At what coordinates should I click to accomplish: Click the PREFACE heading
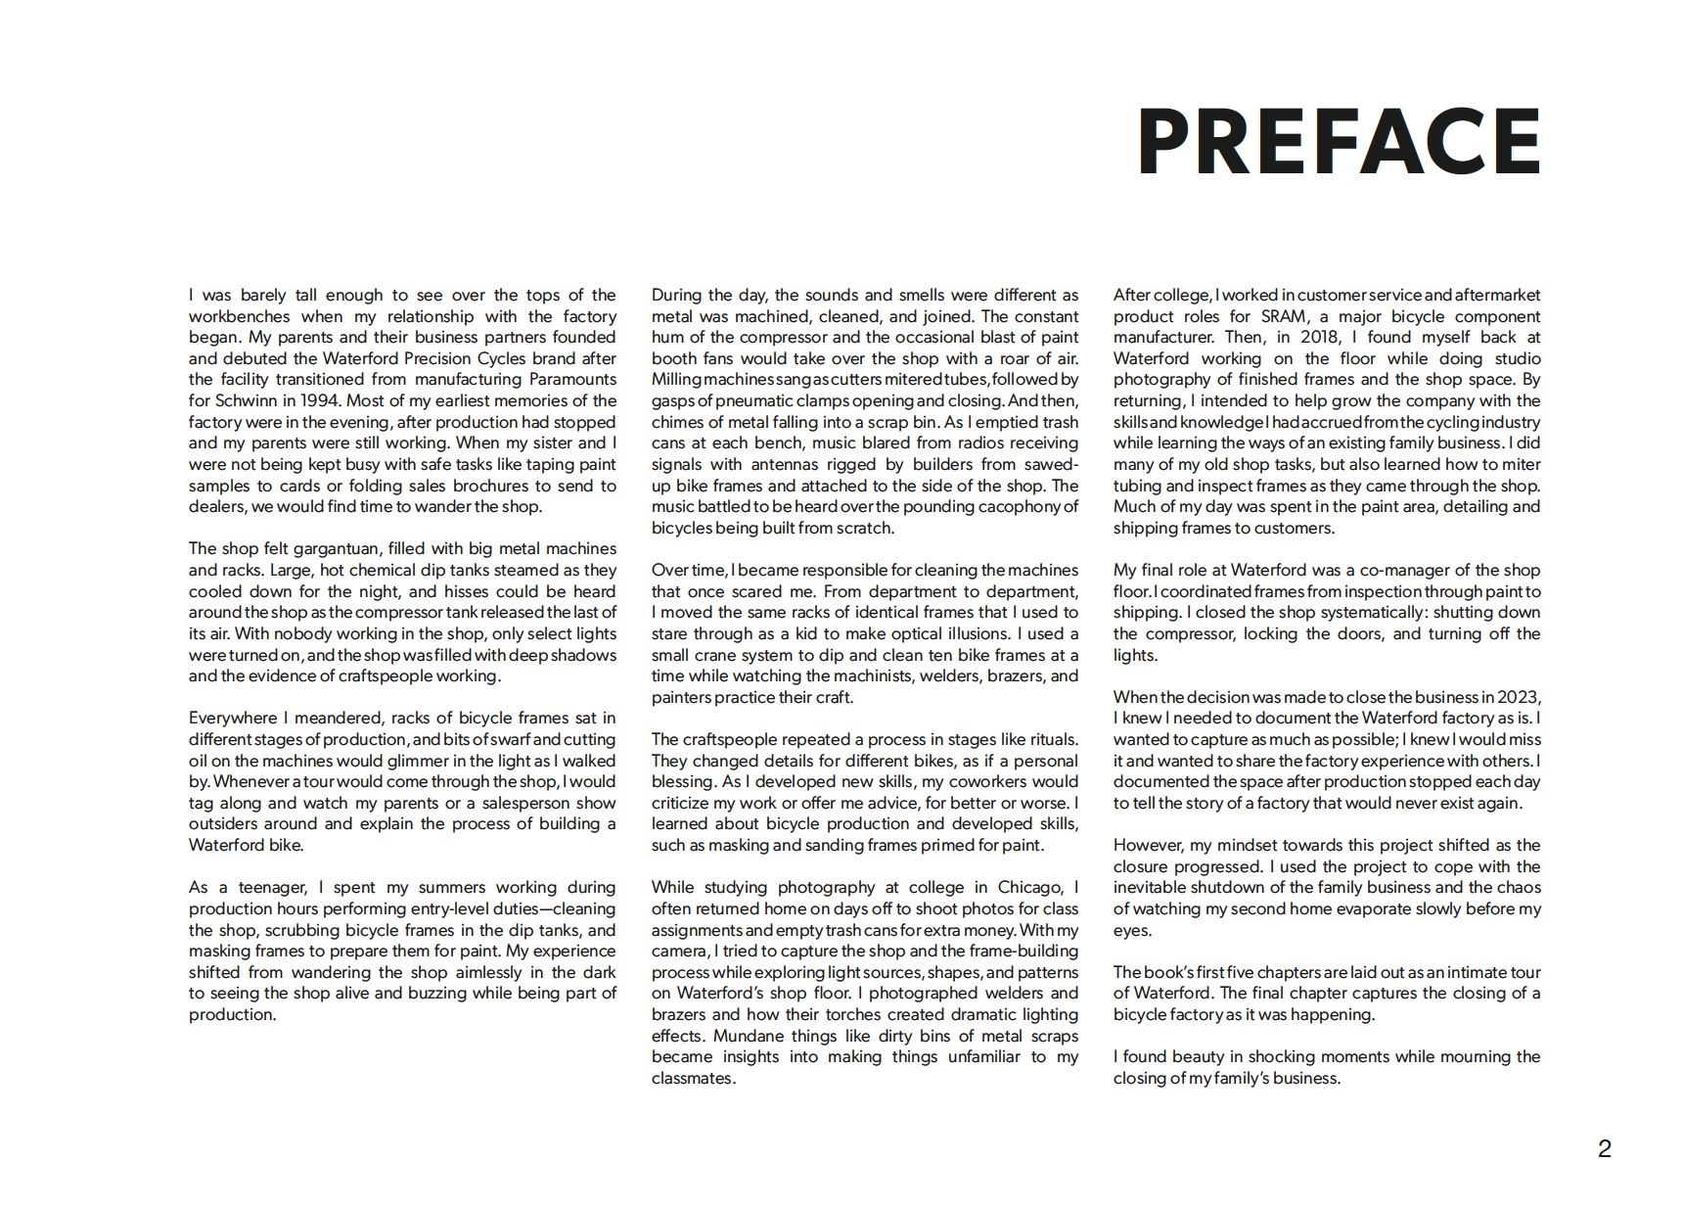[1339, 142]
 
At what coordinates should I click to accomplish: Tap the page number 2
[1604, 1149]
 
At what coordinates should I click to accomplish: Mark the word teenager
[264, 887]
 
